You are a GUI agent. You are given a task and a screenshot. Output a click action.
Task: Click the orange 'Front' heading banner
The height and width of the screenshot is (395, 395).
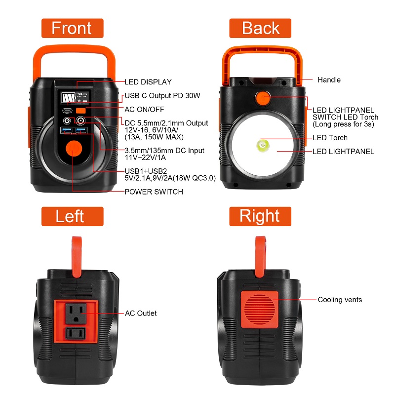(72, 28)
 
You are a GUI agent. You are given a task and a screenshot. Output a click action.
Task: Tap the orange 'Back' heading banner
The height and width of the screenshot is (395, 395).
(260, 28)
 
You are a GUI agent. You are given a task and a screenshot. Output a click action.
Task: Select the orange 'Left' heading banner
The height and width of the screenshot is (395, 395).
(72, 216)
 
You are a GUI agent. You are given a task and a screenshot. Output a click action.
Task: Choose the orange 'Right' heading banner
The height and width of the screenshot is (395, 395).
(260, 216)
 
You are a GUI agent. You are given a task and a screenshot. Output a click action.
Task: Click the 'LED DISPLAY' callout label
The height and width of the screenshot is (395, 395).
(148, 82)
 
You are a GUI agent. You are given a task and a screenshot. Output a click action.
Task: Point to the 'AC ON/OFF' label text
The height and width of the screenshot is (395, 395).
(144, 109)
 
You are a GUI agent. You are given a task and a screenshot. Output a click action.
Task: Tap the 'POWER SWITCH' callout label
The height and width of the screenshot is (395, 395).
(154, 192)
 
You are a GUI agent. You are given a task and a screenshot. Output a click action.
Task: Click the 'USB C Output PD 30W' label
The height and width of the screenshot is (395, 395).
(162, 96)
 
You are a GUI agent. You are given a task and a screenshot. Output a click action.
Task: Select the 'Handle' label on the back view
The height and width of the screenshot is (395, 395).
(329, 80)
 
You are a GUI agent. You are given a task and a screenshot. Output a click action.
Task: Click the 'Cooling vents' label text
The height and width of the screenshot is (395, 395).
(340, 300)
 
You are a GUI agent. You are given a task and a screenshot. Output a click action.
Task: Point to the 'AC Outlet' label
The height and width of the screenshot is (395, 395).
(141, 313)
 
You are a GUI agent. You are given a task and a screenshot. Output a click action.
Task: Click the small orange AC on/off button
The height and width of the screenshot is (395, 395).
(81, 111)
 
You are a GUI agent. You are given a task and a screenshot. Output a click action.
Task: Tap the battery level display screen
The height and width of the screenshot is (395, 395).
(68, 97)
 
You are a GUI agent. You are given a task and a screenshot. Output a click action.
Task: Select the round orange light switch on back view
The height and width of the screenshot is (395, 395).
(263, 98)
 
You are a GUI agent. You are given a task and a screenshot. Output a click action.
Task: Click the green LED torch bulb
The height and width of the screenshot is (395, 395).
(263, 145)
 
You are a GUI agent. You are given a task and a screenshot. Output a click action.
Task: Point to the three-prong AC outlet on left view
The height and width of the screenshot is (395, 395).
(76, 313)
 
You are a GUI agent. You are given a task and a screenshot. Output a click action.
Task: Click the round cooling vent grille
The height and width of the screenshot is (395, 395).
(260, 310)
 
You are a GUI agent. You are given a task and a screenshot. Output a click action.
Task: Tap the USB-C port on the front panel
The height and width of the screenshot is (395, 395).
(67, 111)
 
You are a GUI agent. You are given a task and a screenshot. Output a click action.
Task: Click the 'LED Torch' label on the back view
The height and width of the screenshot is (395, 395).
(330, 138)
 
